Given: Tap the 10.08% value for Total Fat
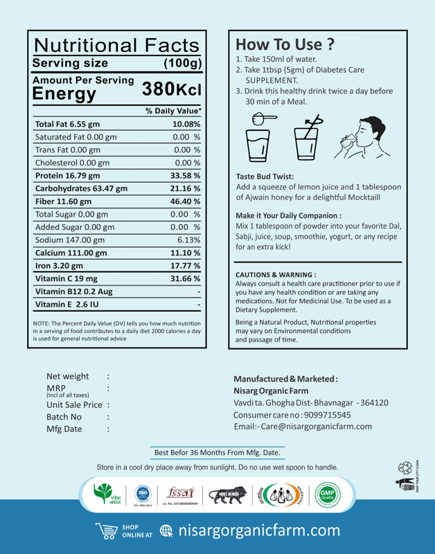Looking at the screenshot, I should [x=186, y=123].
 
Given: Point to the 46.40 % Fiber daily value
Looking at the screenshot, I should [x=185, y=201].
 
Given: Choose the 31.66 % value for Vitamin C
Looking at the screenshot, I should [x=185, y=278].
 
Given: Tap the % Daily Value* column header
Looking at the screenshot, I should [x=173, y=110].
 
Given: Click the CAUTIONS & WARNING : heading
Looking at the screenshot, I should [x=276, y=274].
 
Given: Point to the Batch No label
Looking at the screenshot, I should [x=64, y=417].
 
